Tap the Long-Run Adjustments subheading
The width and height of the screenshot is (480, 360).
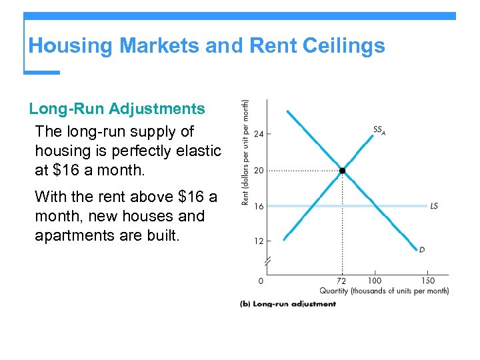(x=117, y=108)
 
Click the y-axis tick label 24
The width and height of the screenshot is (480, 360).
(x=259, y=134)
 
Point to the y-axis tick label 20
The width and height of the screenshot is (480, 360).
(x=259, y=171)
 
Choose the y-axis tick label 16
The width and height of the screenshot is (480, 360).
(x=259, y=207)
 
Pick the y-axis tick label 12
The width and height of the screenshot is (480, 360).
(x=259, y=241)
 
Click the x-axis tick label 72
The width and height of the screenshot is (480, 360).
(x=342, y=281)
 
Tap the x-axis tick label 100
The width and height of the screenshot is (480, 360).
(x=374, y=281)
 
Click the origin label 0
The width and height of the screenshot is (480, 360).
(x=261, y=281)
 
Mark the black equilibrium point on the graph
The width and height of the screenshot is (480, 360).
(x=342, y=171)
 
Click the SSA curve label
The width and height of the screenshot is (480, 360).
(x=379, y=130)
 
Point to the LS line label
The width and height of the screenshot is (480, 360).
(x=434, y=206)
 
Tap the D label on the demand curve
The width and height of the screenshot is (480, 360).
(x=422, y=250)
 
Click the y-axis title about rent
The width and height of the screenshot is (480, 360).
(x=245, y=153)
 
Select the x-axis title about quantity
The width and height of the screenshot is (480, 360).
(x=384, y=291)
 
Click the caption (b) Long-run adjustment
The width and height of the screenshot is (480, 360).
(x=288, y=304)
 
